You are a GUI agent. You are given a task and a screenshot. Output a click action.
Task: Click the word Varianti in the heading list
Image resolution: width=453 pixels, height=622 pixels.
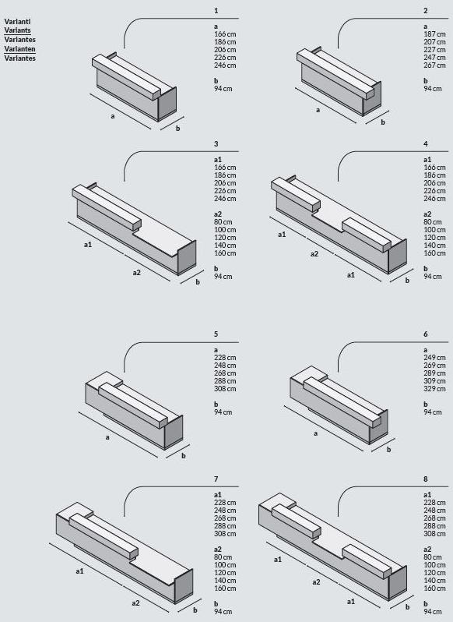pyautogui.click(x=17, y=21)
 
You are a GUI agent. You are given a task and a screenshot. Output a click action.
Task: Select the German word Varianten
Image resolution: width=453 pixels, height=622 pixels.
pyautogui.click(x=19, y=49)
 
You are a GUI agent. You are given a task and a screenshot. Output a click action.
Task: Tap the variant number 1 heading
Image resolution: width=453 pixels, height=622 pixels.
pyautogui.click(x=216, y=11)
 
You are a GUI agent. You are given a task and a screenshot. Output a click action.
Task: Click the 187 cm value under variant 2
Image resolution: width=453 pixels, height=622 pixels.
pyautogui.click(x=434, y=34)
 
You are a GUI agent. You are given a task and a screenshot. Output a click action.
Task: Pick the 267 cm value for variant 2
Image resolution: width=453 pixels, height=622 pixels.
pyautogui.click(x=434, y=65)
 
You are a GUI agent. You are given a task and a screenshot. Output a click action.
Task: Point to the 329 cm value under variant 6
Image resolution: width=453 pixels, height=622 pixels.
pyautogui.click(x=434, y=389)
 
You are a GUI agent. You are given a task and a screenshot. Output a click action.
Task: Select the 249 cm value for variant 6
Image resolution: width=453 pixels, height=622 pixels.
pyautogui.click(x=434, y=358)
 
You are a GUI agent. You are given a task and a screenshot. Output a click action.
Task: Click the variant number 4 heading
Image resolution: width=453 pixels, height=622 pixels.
pyautogui.click(x=426, y=144)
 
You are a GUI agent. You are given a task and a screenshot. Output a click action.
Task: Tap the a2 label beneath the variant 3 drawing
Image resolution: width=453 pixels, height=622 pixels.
pyautogui.click(x=137, y=273)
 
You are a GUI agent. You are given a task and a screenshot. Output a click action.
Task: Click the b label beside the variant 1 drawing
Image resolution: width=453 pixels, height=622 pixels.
pyautogui.click(x=177, y=128)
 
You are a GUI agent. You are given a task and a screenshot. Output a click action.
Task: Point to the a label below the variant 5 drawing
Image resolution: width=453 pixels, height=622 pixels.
pyautogui.click(x=107, y=437)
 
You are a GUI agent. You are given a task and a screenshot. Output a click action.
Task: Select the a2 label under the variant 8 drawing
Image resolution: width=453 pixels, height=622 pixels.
pyautogui.click(x=316, y=582)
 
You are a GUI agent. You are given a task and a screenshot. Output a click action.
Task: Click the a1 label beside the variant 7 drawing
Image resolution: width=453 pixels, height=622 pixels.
pyautogui.click(x=79, y=571)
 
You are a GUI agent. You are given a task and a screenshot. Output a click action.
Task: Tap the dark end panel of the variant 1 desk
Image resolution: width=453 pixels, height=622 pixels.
pyautogui.click(x=167, y=103)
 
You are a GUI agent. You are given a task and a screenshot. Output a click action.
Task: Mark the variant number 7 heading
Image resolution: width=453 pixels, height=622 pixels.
pyautogui.click(x=216, y=479)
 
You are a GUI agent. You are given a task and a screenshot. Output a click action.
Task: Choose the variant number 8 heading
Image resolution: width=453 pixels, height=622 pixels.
pyautogui.click(x=426, y=479)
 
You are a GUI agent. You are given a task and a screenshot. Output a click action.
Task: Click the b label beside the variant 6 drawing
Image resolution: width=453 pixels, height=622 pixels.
pyautogui.click(x=388, y=450)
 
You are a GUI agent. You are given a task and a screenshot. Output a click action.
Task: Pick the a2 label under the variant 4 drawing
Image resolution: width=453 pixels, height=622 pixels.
pyautogui.click(x=314, y=254)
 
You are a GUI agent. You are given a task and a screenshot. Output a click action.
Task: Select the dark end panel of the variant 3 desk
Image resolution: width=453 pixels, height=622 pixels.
pyautogui.click(x=187, y=257)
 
